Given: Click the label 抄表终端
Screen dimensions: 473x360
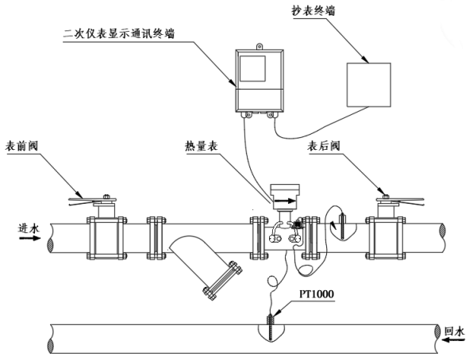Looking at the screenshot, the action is (313, 11).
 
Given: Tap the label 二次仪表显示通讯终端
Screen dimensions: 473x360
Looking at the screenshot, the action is (119, 33).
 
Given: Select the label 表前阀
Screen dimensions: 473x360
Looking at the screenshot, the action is (21, 146).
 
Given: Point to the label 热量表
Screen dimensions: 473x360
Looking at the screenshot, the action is (202, 147).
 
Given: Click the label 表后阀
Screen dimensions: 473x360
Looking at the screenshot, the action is (323, 146).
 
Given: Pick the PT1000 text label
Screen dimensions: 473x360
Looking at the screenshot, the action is (317, 293).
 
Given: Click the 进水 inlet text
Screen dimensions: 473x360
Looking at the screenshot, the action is (29, 228).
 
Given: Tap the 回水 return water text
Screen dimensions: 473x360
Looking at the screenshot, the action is (454, 331).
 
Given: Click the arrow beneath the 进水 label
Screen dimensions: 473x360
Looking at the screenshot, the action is (30, 238).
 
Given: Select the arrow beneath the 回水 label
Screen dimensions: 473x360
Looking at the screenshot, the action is (453, 340).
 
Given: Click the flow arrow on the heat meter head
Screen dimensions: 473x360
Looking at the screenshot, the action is (285, 201).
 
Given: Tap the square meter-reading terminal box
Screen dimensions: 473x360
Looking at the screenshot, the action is (368, 85).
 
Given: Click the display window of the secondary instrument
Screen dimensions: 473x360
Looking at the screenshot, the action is (252, 68).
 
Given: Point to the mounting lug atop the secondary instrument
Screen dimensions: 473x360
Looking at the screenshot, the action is (260, 47).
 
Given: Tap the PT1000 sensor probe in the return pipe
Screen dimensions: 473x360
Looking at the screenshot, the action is (270, 327).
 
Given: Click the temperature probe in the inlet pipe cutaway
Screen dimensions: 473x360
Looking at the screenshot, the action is (342, 226).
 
